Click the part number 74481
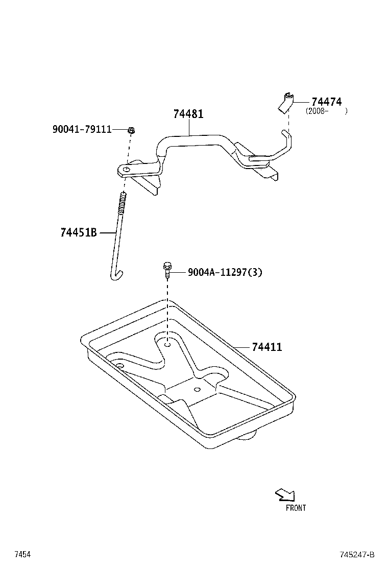pyautogui.click(x=188, y=114)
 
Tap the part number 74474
pyautogui.click(x=326, y=102)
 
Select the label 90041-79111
pyautogui.click(x=82, y=130)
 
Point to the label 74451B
pyautogui.click(x=79, y=233)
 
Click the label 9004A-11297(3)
pyautogui.click(x=225, y=273)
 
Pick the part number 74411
pyautogui.click(x=266, y=347)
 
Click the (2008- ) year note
pyautogui.click(x=326, y=111)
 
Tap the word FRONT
pyautogui.click(x=296, y=508)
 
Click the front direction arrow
pyautogui.click(x=284, y=494)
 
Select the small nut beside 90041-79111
pyautogui.click(x=131, y=130)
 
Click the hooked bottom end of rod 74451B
pyautogui.click(x=117, y=276)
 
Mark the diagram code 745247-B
pyautogui.click(x=357, y=555)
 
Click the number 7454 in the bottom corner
pyautogui.click(x=22, y=555)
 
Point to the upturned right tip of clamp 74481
pyautogui.click(x=286, y=134)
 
